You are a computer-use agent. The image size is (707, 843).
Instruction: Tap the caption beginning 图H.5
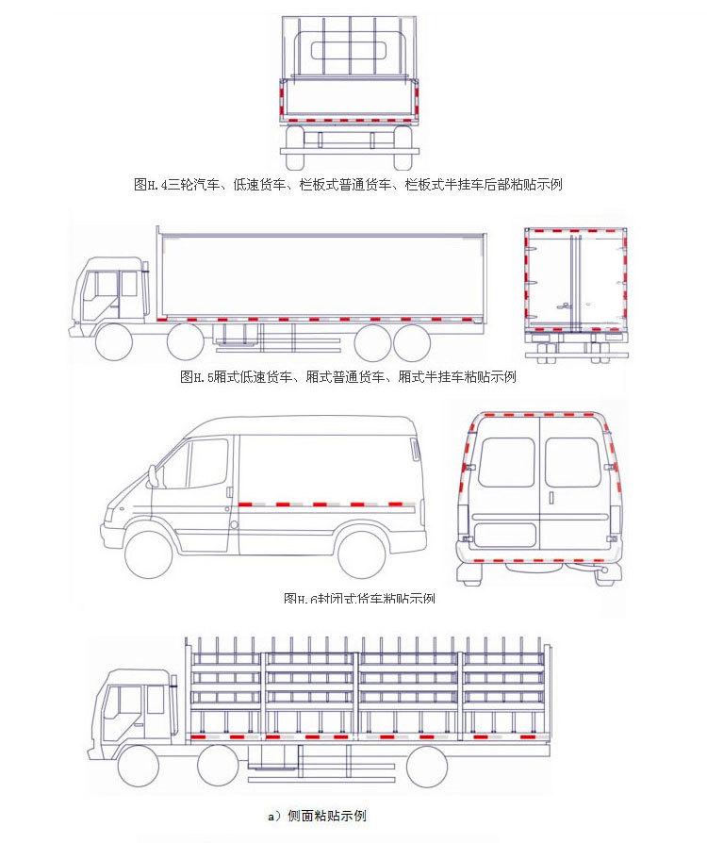[348, 377]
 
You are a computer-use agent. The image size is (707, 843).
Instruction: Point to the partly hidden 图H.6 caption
[358, 599]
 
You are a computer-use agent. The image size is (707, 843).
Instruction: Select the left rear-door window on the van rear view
[506, 462]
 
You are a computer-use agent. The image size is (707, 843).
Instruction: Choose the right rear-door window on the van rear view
[571, 462]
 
